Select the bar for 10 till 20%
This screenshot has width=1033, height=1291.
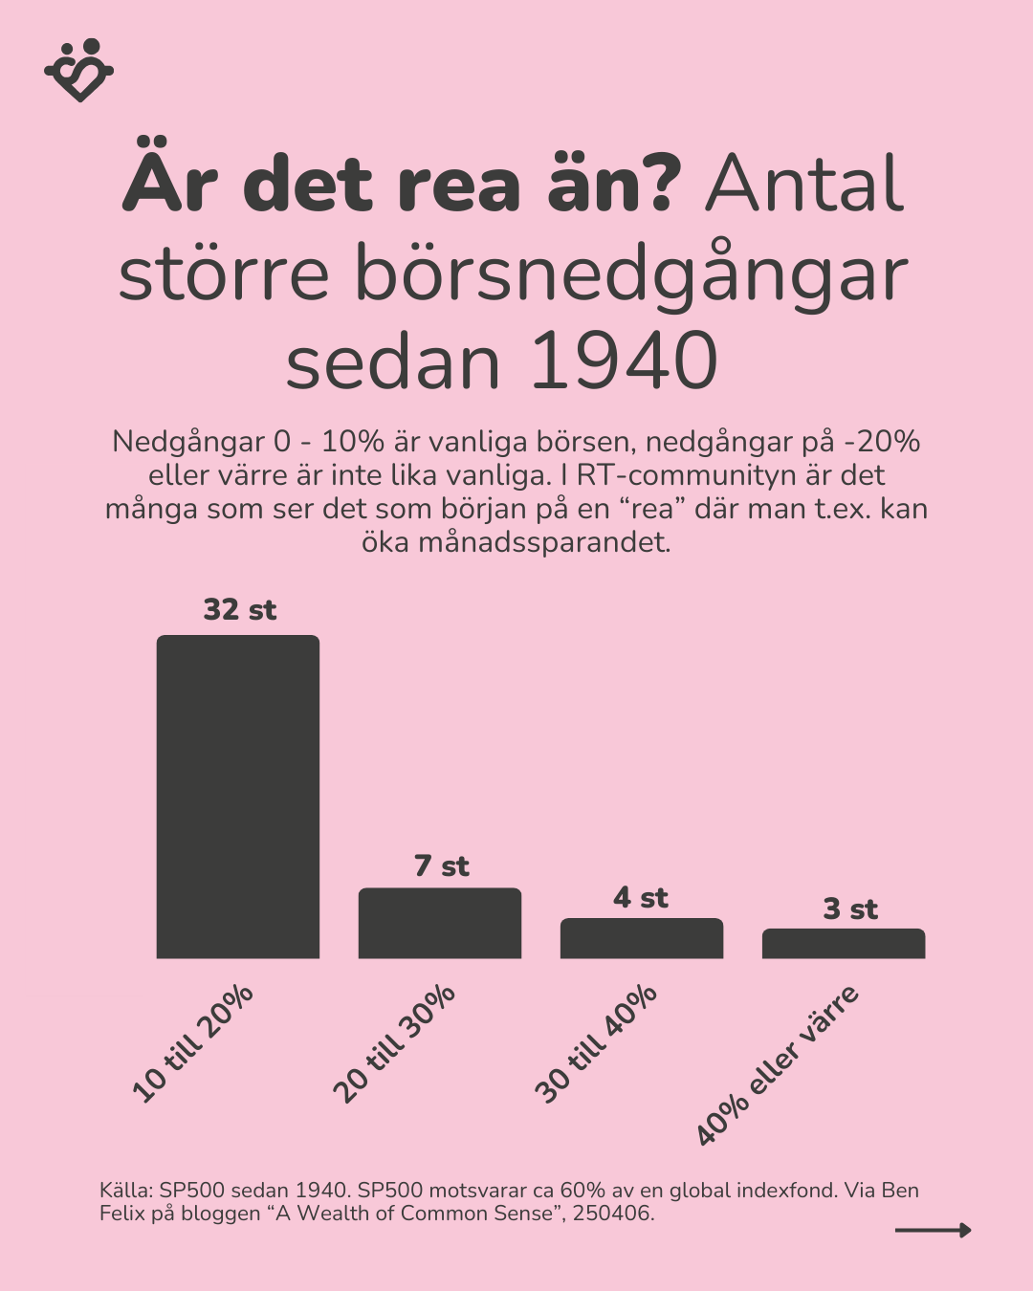click(238, 797)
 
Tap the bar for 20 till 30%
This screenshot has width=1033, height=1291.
click(440, 923)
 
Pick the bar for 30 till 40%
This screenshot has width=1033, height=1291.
click(642, 938)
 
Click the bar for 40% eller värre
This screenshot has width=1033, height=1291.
click(844, 943)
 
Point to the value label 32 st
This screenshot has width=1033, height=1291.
click(239, 610)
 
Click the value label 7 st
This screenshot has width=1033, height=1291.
click(441, 866)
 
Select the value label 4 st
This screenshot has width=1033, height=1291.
click(641, 898)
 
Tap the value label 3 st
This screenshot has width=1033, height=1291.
click(850, 909)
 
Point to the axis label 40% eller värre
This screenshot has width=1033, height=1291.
click(778, 1064)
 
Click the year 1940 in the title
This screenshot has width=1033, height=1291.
click(623, 362)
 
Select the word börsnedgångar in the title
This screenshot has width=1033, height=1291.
click(631, 274)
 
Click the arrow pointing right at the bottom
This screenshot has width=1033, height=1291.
click(933, 1231)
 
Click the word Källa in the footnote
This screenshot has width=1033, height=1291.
click(124, 1192)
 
